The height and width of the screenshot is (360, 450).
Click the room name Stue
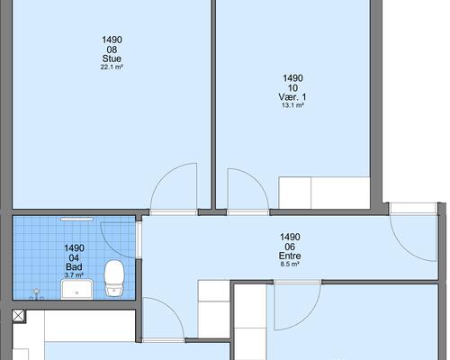click(112, 58)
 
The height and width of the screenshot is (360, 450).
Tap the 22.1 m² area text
click(112, 67)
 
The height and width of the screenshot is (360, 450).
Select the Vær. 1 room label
click(292, 97)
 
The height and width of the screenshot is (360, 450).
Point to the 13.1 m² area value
click(292, 105)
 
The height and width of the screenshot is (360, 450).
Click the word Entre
click(290, 256)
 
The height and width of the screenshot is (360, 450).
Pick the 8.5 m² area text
click(290, 265)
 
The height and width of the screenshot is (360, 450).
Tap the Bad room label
click(74, 266)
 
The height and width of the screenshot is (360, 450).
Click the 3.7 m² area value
click(74, 274)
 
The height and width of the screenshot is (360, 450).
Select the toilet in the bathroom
click(114, 277)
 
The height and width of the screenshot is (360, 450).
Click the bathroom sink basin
click(77, 289)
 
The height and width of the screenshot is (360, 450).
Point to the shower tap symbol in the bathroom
click(37, 294)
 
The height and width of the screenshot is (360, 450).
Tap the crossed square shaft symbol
click(18, 316)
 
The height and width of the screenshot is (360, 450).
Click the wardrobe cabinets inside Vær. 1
click(324, 193)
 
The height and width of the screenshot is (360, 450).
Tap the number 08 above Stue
click(112, 49)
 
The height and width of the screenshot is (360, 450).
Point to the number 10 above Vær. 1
click(292, 87)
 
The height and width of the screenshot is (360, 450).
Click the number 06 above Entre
click(290, 247)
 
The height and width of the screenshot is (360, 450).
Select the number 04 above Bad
click(74, 257)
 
